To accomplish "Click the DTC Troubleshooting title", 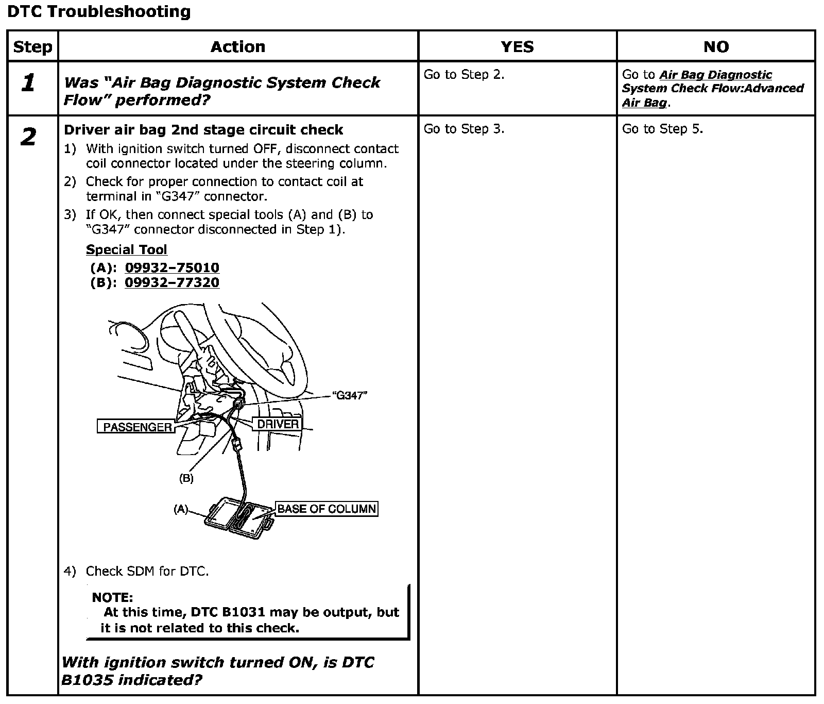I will [x=99, y=11].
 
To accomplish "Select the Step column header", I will [x=32, y=47].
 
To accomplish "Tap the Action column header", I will [x=238, y=47].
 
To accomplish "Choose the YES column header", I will [x=517, y=47].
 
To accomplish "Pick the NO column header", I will [x=716, y=47].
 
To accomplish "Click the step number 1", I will [x=29, y=82].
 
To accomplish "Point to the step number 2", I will [x=29, y=137].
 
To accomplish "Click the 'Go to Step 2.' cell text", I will [x=463, y=75].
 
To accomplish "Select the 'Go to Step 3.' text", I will [x=463, y=129].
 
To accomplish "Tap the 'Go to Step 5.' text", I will [x=662, y=129].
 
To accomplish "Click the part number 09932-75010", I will [x=172, y=267].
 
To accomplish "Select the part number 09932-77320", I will [x=172, y=282].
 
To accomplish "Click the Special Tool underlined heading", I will [x=127, y=249].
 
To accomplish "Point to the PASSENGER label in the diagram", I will [x=137, y=427].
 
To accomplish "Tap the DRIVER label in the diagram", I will [x=278, y=424].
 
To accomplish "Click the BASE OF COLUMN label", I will [x=327, y=509].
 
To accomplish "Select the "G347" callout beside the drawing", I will [x=350, y=396].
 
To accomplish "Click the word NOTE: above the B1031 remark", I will [x=112, y=597].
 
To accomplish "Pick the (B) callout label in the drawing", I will [x=186, y=478].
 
